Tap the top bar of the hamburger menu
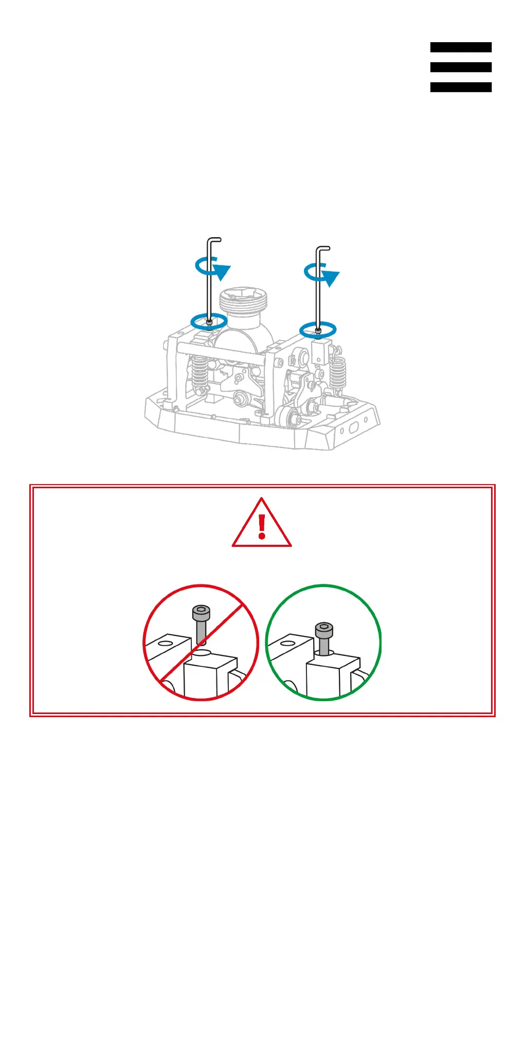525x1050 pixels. pos(461,47)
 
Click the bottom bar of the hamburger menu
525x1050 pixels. pos(461,87)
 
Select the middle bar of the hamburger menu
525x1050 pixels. pos(461,67)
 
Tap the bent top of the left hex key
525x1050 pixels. pos(214,240)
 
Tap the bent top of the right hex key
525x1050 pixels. pos(323,248)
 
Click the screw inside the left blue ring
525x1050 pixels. pos(209,323)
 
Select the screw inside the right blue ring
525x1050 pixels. pos(318,331)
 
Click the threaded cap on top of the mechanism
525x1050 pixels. pos(243,301)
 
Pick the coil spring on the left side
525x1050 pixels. pos(200,372)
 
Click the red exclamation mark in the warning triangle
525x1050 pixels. pos(262,526)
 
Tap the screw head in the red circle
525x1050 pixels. pos(201,612)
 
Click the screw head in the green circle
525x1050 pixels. pos(323,629)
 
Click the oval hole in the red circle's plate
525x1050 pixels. pos(166,643)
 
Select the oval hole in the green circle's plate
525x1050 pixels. pos(288,643)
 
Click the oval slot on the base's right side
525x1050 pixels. pos(354,428)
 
